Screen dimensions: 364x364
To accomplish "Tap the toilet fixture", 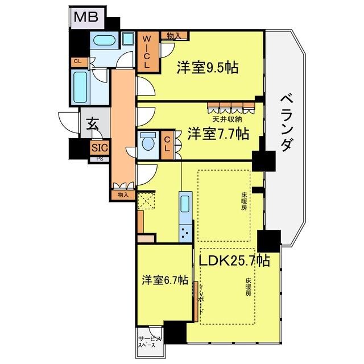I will tap(147, 141).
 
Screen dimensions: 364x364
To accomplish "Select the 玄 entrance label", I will tap(90, 123).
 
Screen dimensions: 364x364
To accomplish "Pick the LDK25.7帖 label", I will tap(234, 260).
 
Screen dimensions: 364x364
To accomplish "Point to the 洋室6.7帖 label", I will tap(165, 280).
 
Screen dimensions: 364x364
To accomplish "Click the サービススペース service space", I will tap(150, 342).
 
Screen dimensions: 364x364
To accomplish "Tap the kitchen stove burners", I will tap(186, 232).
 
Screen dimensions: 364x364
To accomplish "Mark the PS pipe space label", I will tap(99, 159).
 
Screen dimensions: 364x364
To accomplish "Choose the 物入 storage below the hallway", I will tap(122, 195).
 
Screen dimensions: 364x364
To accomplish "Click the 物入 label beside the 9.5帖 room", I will tap(174, 36).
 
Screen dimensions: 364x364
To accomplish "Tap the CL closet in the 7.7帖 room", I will tap(168, 142).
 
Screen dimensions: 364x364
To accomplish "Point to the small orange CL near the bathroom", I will tap(76, 61).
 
